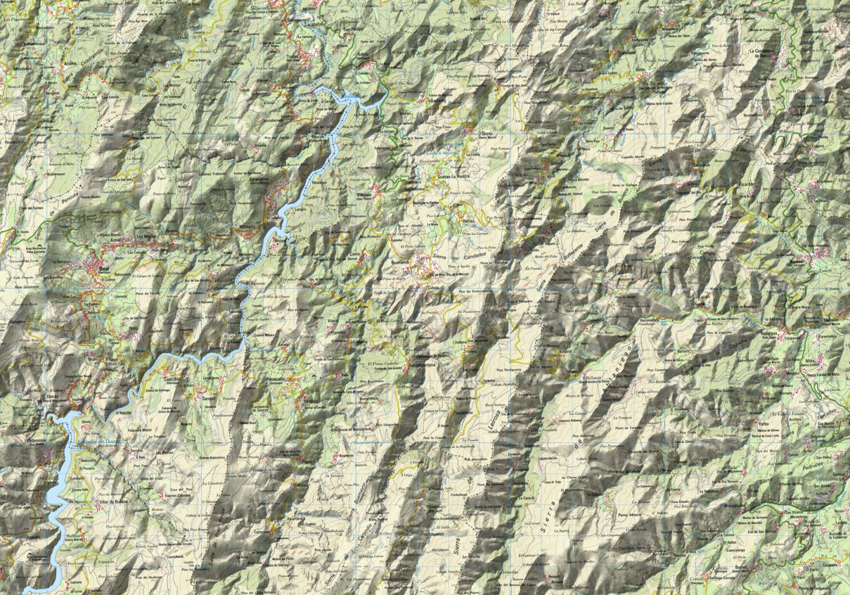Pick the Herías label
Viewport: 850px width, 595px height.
point(469,219)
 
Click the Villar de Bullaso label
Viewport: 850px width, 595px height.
point(97,500)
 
